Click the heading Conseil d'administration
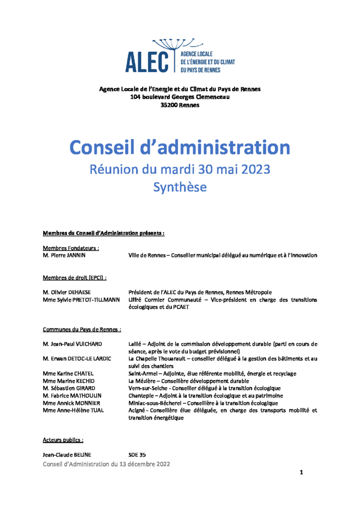coord(180,147)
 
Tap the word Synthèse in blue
coord(180,187)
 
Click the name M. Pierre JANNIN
coord(64,255)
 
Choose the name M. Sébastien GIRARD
coord(69,388)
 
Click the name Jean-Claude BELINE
coord(67,454)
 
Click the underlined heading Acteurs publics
coord(63,440)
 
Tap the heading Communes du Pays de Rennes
coord(82,330)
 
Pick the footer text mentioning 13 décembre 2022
coord(106,464)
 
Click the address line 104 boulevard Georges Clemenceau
coord(180,97)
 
